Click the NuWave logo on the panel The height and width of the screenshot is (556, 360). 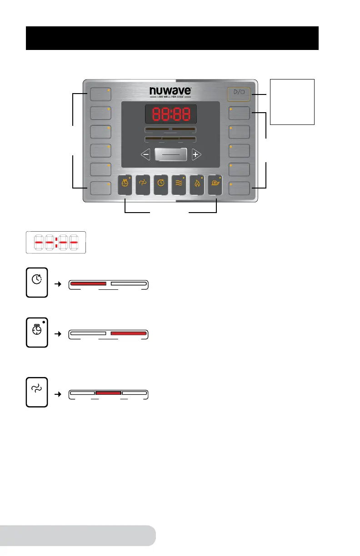click(170, 92)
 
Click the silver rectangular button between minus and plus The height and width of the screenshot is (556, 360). click(170, 154)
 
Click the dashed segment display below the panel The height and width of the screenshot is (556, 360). click(56, 242)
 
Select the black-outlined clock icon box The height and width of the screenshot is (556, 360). click(36, 283)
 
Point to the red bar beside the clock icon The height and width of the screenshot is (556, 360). click(88, 283)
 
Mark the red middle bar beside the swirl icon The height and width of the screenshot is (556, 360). click(108, 392)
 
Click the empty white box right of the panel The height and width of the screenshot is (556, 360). click(292, 101)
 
